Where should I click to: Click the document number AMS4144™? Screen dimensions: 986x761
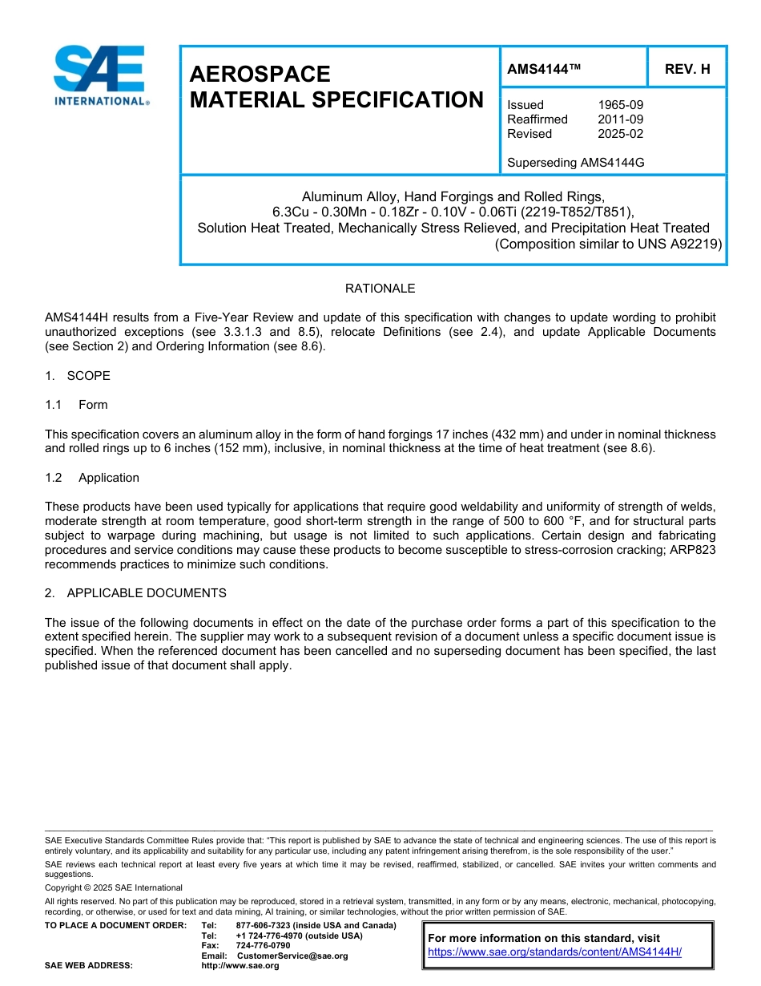click(544, 69)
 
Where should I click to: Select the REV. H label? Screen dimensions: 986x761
click(687, 69)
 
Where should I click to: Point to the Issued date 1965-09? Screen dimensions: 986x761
click(620, 105)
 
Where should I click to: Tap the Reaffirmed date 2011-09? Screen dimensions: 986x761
click(620, 119)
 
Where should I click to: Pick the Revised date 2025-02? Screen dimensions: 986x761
click(620, 134)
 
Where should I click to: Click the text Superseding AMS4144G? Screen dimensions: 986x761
click(575, 163)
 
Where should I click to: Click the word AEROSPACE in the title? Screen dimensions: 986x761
click(260, 75)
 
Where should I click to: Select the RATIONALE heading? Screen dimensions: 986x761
click(380, 289)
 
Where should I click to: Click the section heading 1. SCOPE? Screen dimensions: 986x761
click(78, 376)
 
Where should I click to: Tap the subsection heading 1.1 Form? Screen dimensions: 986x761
click(76, 405)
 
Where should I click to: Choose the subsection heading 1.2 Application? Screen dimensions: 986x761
click(92, 478)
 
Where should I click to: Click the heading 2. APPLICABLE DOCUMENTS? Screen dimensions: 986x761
click(135, 593)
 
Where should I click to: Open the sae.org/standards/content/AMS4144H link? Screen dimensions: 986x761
click(554, 952)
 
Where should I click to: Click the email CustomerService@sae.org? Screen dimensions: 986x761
click(292, 956)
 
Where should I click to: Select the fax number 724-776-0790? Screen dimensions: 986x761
click(263, 946)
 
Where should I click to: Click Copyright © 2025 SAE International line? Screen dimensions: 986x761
click(114, 888)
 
